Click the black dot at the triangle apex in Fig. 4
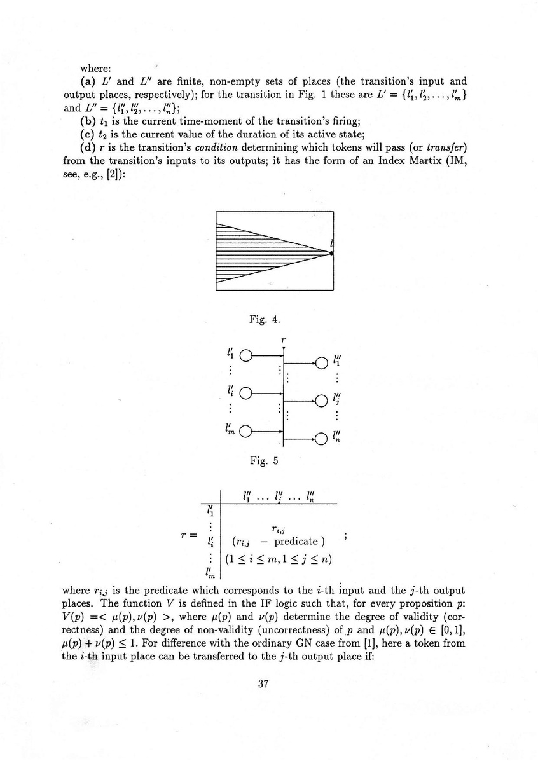332,253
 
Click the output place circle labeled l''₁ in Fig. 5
321,363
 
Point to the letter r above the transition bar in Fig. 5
283,340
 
